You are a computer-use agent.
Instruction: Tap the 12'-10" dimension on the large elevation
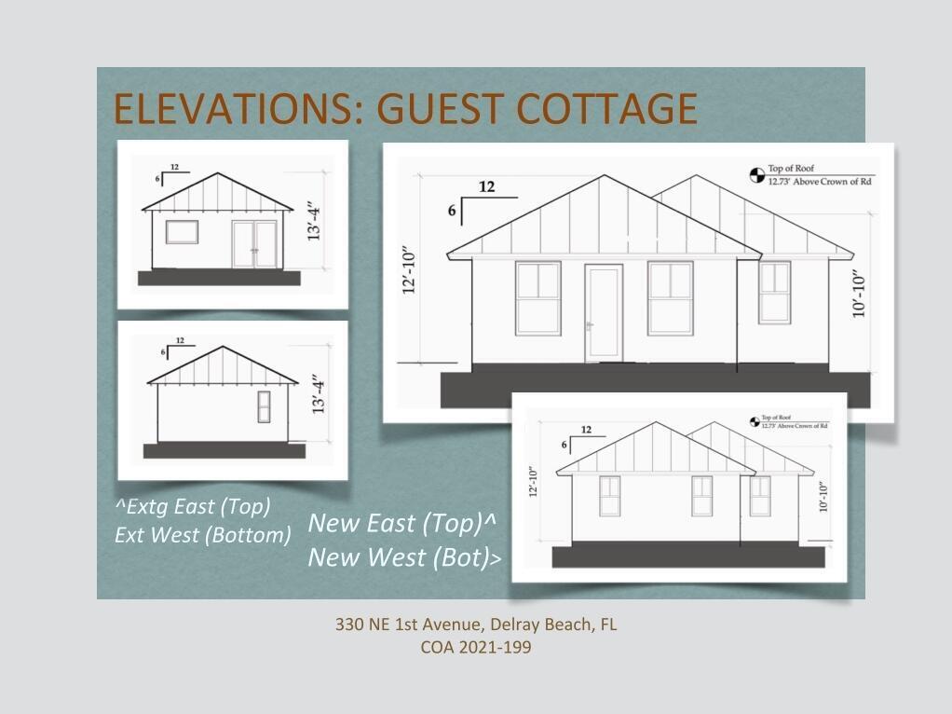(409, 270)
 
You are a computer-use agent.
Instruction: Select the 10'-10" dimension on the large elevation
(858, 295)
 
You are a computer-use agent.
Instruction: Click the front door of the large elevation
(604, 313)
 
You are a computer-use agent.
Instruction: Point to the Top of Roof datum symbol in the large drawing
(757, 175)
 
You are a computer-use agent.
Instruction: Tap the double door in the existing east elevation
(255, 243)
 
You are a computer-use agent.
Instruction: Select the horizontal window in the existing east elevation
(183, 232)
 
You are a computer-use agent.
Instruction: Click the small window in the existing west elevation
(265, 406)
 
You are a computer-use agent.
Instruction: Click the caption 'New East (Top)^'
(401, 523)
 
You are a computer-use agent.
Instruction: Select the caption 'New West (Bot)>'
(404, 557)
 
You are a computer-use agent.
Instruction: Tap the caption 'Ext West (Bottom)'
(203, 535)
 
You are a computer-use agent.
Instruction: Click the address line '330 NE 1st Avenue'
(410, 625)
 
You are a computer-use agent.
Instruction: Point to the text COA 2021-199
(476, 647)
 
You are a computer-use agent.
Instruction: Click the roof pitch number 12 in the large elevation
(487, 186)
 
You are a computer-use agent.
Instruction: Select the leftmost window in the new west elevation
(610, 496)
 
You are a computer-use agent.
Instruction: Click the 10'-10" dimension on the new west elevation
(823, 497)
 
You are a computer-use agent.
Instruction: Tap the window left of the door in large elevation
(537, 298)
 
